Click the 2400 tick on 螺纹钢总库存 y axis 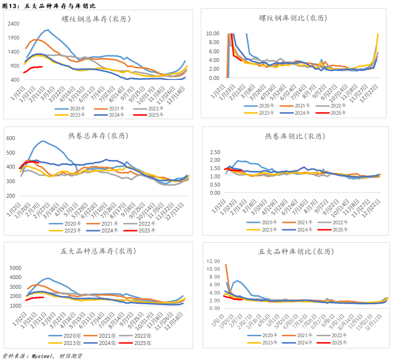pyautogui.click(x=14, y=23)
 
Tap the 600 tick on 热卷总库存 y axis pyautogui.click(x=11, y=138)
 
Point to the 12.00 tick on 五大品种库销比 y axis pyautogui.click(x=213, y=261)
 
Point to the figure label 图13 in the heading pyautogui.click(x=10, y=6)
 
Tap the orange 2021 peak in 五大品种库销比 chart pyautogui.click(x=226, y=265)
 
